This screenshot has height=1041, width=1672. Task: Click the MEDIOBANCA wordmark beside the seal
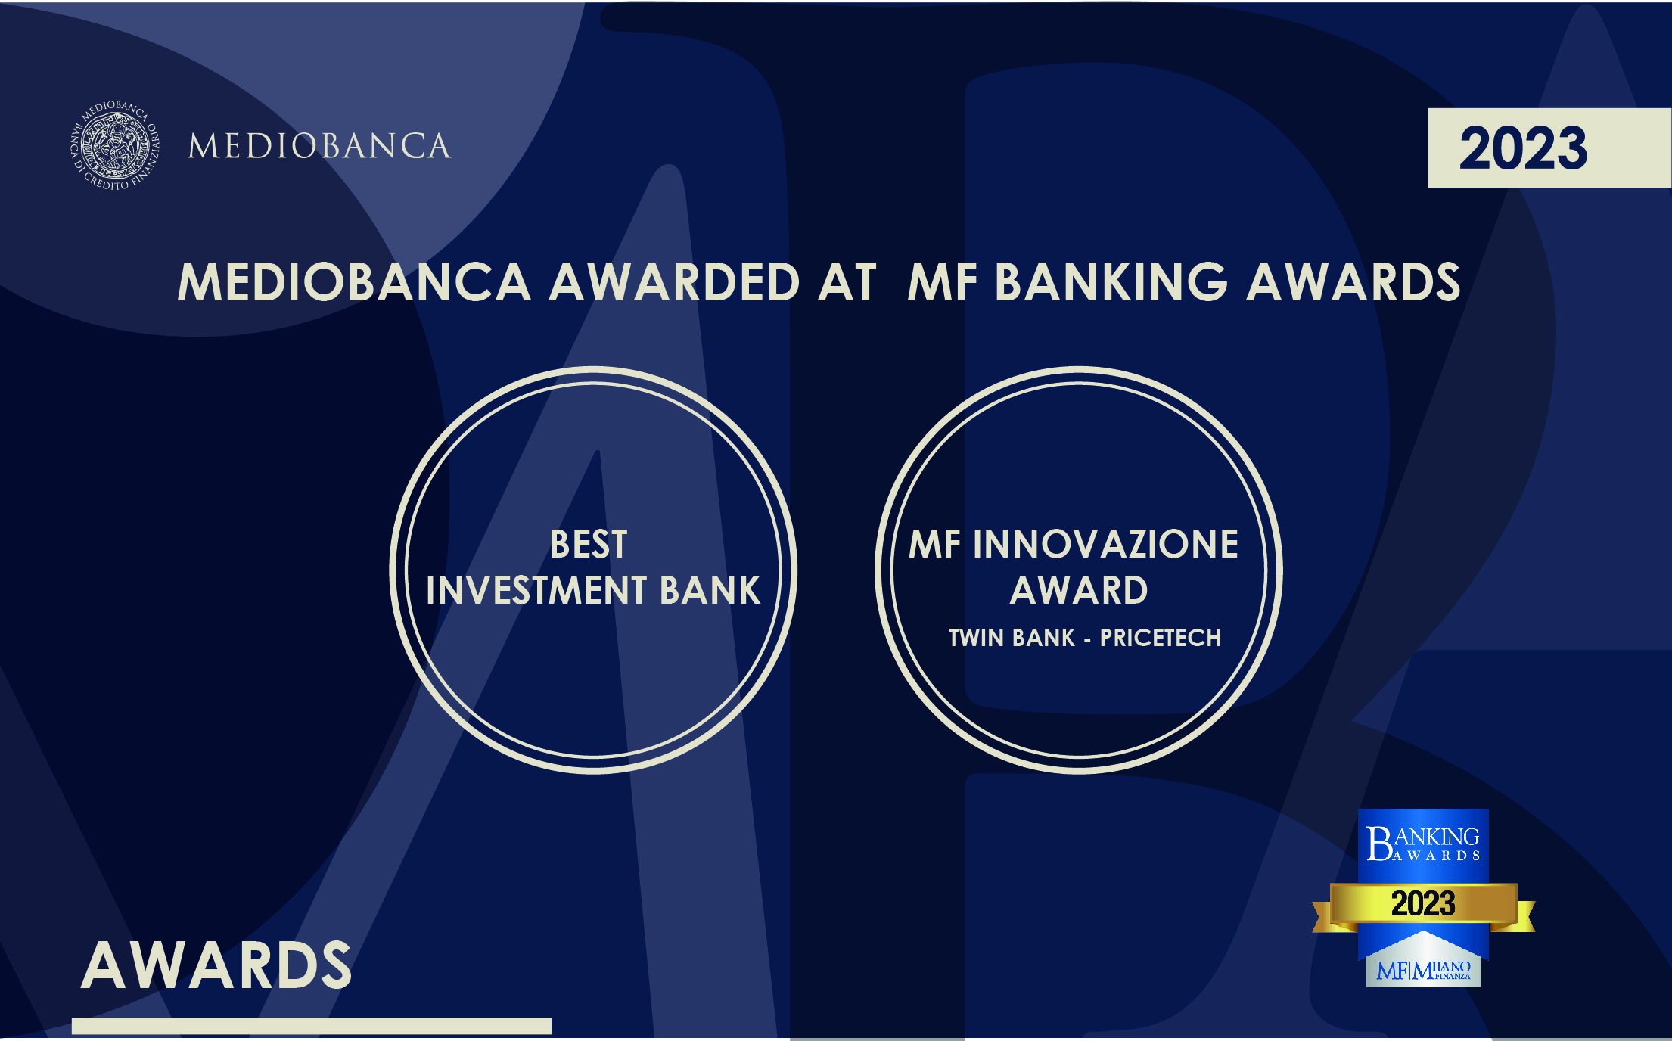(319, 146)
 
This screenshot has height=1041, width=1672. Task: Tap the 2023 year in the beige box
(1523, 148)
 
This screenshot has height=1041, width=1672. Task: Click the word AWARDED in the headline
(674, 282)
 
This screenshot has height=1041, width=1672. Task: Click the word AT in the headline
(847, 282)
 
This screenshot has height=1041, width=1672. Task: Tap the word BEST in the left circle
(589, 544)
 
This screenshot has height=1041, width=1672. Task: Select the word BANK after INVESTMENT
(710, 590)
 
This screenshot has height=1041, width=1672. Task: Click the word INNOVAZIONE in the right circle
(1105, 544)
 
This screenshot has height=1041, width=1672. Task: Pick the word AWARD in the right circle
(1079, 590)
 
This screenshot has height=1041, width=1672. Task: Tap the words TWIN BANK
(1012, 638)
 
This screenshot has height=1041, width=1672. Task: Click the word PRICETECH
(1160, 638)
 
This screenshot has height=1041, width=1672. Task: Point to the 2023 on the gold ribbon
(1423, 903)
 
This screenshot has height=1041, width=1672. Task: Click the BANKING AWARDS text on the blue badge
(1423, 844)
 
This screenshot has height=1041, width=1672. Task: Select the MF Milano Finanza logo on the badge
(1423, 970)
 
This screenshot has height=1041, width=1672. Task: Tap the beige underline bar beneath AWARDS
(312, 1026)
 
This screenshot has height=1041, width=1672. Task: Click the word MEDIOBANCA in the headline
(354, 282)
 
